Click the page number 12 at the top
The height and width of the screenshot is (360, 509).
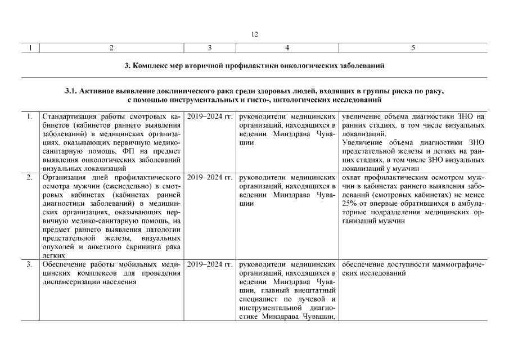click(254, 35)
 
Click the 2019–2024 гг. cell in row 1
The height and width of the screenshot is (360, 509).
click(210, 116)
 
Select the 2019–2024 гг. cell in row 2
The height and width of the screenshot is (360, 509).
click(210, 177)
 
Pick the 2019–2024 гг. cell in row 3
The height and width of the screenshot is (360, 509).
click(210, 264)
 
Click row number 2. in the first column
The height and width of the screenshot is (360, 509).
click(29, 177)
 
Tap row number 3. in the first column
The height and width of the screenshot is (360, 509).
click(29, 264)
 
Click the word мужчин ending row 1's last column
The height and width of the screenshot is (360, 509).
click(408, 168)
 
